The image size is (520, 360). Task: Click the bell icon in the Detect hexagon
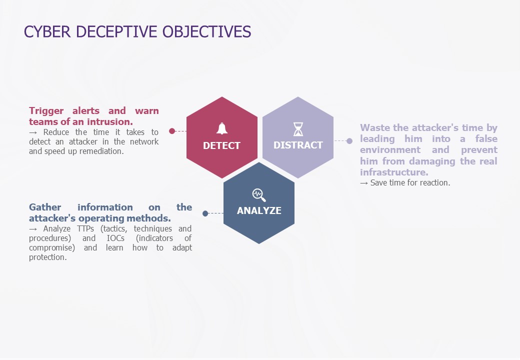tap(222, 128)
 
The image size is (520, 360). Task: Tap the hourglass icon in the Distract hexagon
tap(298, 129)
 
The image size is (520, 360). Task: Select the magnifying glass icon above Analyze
tap(259, 195)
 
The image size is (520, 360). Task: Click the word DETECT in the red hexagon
tap(221, 145)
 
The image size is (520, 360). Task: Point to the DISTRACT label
tap(298, 145)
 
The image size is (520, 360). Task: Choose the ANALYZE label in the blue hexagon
tap(259, 210)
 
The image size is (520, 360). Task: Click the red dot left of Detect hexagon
tap(172, 131)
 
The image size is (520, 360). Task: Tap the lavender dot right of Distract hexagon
tap(349, 141)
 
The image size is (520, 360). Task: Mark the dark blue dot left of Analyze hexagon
tap(205, 213)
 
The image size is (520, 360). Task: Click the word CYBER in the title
tap(47, 32)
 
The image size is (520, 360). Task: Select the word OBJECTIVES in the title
tap(206, 32)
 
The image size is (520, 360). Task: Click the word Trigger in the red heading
tap(46, 111)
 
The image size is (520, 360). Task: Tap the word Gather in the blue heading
tap(45, 207)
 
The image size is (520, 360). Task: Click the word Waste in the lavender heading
tap(375, 127)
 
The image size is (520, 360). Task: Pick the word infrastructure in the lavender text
tap(394, 172)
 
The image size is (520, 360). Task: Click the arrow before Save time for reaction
tap(364, 183)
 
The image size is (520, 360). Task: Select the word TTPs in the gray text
tap(85, 228)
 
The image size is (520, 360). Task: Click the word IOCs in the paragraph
tap(115, 238)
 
